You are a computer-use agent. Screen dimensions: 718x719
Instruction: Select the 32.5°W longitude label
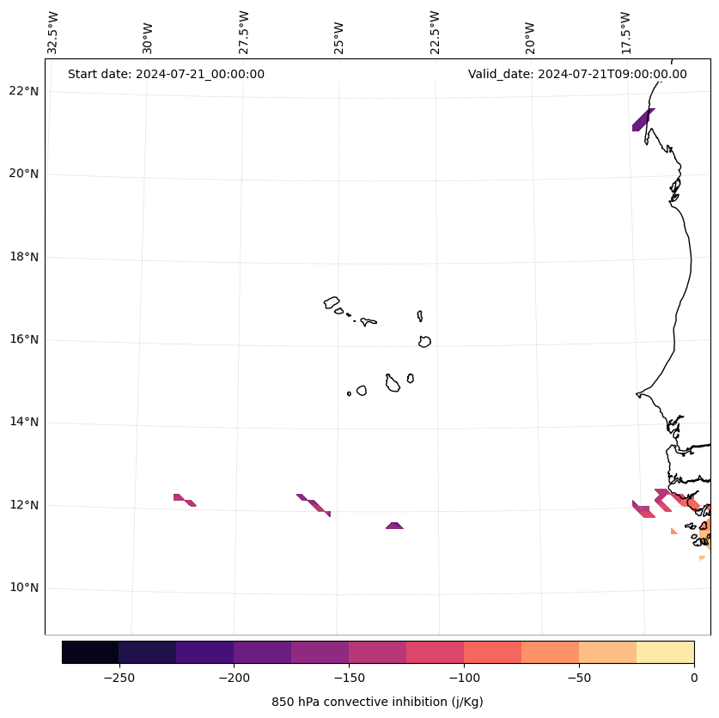[53, 33]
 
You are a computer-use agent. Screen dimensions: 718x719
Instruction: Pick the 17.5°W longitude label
[626, 33]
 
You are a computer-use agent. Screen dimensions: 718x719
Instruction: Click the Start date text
[166, 74]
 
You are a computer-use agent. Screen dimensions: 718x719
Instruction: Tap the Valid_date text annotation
[577, 74]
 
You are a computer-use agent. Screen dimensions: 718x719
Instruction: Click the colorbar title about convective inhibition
[377, 702]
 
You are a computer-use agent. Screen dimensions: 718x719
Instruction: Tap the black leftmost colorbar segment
[90, 652]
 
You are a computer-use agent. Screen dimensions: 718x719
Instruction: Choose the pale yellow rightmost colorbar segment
[666, 652]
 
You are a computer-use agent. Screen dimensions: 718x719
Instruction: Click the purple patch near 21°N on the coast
[643, 120]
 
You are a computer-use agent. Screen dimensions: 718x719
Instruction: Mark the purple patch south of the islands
[394, 525]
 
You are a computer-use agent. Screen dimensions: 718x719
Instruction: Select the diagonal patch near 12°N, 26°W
[314, 505]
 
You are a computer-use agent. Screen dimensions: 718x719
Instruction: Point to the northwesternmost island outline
[332, 302]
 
